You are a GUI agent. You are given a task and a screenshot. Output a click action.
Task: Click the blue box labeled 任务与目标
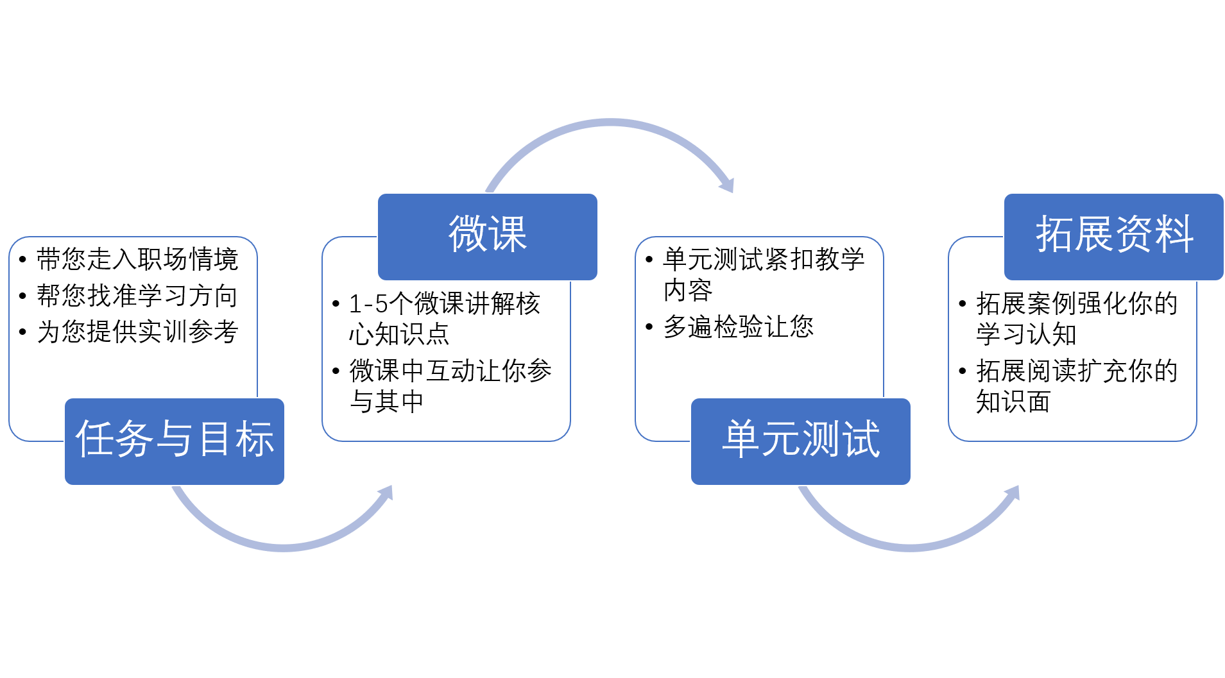pos(175,441)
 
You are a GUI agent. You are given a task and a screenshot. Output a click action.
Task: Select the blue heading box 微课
pos(488,236)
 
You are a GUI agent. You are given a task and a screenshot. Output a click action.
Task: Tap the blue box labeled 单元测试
pos(801,441)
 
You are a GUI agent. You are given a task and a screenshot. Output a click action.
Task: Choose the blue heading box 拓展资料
pos(1114,236)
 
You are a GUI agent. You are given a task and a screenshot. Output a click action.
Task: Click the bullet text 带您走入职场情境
pos(137,260)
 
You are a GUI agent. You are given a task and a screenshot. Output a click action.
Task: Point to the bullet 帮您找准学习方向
pos(137,296)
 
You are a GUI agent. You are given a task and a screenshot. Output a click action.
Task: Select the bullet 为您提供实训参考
pos(137,332)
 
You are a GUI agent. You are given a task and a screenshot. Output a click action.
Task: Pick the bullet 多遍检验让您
pos(738,327)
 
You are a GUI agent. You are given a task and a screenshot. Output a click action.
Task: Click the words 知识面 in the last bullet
pos(1013,402)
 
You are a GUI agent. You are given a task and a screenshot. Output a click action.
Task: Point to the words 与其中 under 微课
pos(386,402)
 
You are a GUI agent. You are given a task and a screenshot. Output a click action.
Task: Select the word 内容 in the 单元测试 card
pos(688,291)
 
